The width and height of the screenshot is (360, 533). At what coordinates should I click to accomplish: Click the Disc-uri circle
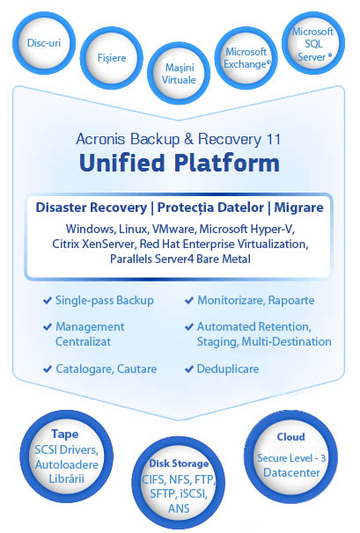click(44, 43)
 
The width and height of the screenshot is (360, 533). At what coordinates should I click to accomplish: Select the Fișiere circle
click(112, 58)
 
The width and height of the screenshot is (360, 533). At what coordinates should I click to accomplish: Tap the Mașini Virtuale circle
click(179, 73)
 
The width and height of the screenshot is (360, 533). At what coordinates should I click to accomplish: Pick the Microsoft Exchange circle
click(246, 58)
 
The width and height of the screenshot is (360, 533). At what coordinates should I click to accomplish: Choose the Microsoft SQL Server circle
click(313, 43)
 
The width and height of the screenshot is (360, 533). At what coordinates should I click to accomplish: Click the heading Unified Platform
click(180, 163)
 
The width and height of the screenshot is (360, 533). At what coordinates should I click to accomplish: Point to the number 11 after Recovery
click(273, 139)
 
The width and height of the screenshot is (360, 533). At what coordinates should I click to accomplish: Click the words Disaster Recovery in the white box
click(92, 208)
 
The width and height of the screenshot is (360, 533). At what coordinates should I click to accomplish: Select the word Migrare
click(298, 208)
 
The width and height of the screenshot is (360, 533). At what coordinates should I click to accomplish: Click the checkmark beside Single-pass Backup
click(48, 301)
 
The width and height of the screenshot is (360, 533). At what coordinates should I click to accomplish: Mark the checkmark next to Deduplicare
click(189, 369)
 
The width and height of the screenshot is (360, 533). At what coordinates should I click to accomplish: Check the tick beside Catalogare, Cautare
click(48, 369)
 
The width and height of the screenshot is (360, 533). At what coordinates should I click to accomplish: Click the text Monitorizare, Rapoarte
click(256, 301)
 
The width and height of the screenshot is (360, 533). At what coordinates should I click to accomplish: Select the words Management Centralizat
click(90, 334)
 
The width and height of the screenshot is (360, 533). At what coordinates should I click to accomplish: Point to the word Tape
click(65, 434)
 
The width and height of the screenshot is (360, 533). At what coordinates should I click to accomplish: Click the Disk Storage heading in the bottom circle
click(179, 464)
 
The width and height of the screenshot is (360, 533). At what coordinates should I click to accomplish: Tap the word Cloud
click(291, 436)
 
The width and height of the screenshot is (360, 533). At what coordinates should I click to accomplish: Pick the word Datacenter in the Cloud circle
click(291, 472)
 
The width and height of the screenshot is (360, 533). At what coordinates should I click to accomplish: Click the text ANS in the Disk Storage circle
click(179, 508)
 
